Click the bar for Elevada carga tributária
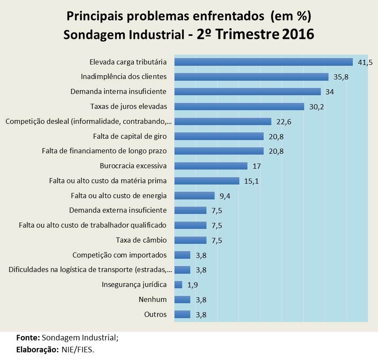264,62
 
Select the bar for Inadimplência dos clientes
252,77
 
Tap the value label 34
329,92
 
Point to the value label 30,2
316,107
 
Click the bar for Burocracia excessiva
211,166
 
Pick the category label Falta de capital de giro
130,136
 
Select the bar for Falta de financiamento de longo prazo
219,151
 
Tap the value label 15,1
251,181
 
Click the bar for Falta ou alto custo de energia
195,196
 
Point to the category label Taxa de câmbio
141,240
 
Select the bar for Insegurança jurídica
178,284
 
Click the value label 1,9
192,284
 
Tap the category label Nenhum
153,299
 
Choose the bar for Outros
182,314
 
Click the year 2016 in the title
298,34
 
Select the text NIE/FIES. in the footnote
80,350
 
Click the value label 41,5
365,62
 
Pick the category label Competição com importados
119,255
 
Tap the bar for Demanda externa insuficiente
191,211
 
